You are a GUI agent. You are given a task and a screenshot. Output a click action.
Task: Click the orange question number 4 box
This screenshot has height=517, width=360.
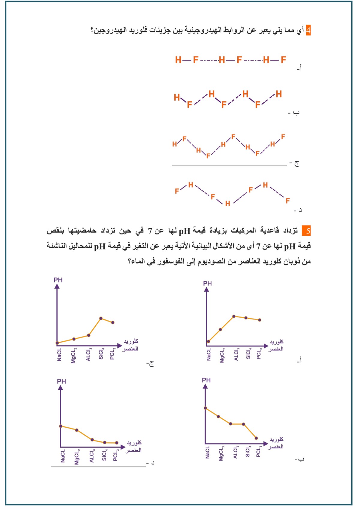pos(308,30)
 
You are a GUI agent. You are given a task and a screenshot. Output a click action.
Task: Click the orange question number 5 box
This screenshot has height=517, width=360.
pos(306,231)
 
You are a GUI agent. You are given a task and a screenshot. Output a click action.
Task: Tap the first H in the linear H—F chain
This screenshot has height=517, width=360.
pos(178,60)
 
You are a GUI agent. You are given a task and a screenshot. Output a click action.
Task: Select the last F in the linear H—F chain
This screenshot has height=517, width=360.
pos(283,60)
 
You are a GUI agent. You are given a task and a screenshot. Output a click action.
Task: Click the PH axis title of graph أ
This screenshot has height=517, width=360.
pos(207,283)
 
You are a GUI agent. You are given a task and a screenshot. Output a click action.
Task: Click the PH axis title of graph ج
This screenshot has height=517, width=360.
pos(58,280)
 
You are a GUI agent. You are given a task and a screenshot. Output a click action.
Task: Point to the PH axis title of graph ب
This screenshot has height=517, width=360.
pos(206,380)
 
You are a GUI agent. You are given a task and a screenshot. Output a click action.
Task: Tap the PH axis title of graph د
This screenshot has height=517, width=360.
pos(61,381)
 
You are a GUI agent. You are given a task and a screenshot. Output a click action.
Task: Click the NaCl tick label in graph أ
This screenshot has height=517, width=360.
pos(209,354)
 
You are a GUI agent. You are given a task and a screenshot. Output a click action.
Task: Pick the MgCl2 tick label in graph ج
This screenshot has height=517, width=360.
pos(74,355)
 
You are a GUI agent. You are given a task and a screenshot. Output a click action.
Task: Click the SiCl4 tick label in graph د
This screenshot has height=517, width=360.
pos(104,455)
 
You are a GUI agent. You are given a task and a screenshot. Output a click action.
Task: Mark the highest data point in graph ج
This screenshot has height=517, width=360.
pos(101,318)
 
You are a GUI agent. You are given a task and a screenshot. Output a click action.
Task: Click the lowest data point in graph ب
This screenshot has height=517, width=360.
pos(256,438)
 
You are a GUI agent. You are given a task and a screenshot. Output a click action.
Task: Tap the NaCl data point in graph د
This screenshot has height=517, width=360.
pos(61,426)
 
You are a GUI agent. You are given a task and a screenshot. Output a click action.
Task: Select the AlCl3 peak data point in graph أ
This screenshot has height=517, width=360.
pos(234,316)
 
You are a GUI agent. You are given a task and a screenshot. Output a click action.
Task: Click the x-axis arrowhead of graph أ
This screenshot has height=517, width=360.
pos(266,346)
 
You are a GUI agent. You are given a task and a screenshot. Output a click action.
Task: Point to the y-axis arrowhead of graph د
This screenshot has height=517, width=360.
pos(61,388)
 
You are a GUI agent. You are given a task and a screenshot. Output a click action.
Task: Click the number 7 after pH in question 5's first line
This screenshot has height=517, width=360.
pos(150,231)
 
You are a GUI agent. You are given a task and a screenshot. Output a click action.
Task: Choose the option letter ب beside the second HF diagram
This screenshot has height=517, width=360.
pos(296,113)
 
